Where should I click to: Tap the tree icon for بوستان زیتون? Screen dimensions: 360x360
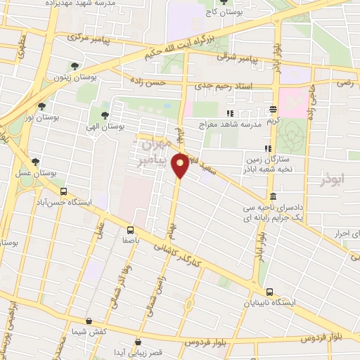pyautogui.click(x=74, y=67)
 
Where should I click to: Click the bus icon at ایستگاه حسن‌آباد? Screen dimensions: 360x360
pyautogui.click(x=64, y=191)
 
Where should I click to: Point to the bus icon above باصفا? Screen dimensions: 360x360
pyautogui.click(x=131, y=230)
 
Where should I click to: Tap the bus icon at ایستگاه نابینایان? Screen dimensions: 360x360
pyautogui.click(x=270, y=292)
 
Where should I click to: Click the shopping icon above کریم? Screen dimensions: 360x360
pyautogui.click(x=274, y=109)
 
